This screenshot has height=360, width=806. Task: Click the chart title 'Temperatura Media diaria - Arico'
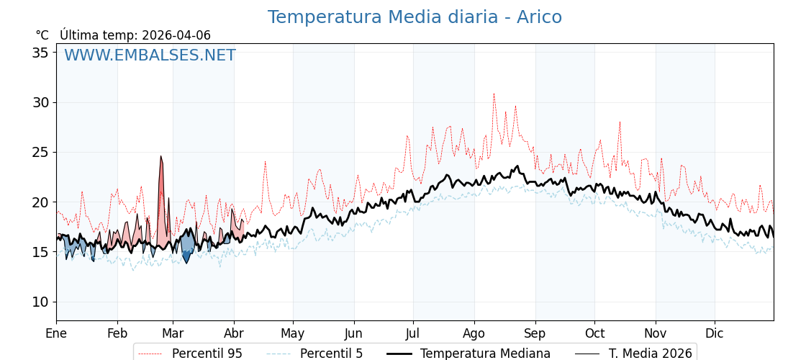(x=415, y=17)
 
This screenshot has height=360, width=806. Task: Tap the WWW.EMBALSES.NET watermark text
(x=150, y=55)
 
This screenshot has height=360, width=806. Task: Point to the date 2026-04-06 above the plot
(x=176, y=35)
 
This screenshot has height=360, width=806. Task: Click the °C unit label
(x=42, y=35)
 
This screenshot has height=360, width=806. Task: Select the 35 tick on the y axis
(x=40, y=53)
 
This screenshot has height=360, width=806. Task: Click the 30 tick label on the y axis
(x=40, y=102)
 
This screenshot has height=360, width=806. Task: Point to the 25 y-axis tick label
(x=40, y=152)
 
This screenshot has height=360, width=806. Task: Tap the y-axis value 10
(x=40, y=302)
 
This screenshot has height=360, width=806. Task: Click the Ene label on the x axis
(x=56, y=333)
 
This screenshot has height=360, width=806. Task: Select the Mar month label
(x=173, y=333)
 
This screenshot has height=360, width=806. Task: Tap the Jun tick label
(x=353, y=333)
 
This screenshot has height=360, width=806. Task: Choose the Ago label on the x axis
(x=474, y=333)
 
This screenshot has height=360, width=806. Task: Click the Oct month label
(x=594, y=333)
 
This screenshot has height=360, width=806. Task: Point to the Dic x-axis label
(x=715, y=333)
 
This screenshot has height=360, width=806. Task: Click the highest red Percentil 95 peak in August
(x=494, y=94)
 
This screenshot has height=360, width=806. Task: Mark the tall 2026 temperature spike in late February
(x=161, y=157)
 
